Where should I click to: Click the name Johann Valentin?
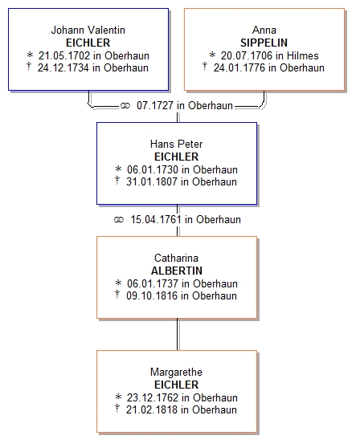click(x=88, y=30)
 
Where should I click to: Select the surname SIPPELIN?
click(x=264, y=43)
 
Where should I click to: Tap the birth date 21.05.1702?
click(x=64, y=55)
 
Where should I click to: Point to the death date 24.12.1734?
click(x=63, y=68)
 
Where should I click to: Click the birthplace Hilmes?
click(x=302, y=55)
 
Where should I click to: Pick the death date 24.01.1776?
click(x=239, y=68)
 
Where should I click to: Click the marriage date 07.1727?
click(x=155, y=105)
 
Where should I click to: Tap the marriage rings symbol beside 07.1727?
click(x=125, y=106)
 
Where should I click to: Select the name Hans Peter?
click(x=177, y=144)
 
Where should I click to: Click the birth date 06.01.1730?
click(x=153, y=169)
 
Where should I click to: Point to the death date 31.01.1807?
click(x=152, y=181)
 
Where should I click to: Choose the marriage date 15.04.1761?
click(x=156, y=219)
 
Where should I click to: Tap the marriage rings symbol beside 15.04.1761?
click(x=119, y=220)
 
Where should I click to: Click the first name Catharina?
click(x=177, y=258)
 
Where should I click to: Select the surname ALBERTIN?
click(x=177, y=271)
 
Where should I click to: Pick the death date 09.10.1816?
click(x=152, y=295)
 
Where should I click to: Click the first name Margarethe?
click(x=177, y=372)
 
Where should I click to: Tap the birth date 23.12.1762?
click(x=153, y=397)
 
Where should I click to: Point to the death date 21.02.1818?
click(x=152, y=409)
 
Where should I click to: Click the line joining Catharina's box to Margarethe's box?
click(x=178, y=334)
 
